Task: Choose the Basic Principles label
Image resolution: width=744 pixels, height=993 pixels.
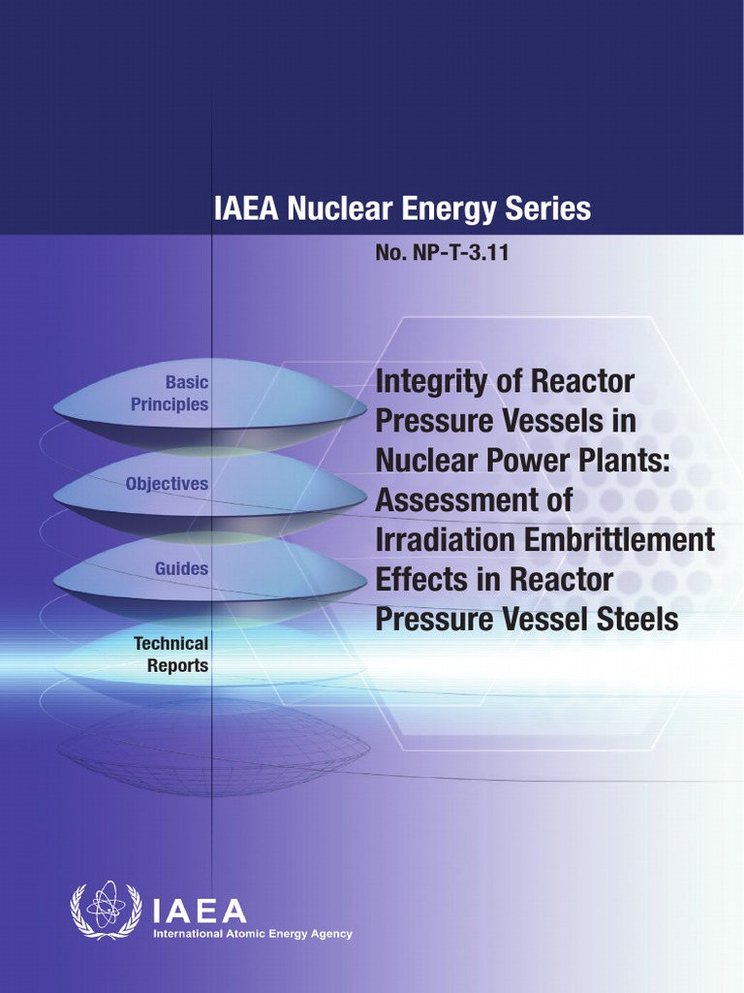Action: (170, 394)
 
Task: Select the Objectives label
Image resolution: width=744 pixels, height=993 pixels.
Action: (167, 483)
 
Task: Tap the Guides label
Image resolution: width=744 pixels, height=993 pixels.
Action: (181, 568)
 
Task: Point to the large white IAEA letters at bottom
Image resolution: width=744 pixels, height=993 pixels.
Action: (201, 911)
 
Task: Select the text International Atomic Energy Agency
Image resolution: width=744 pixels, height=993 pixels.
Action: (254, 935)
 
